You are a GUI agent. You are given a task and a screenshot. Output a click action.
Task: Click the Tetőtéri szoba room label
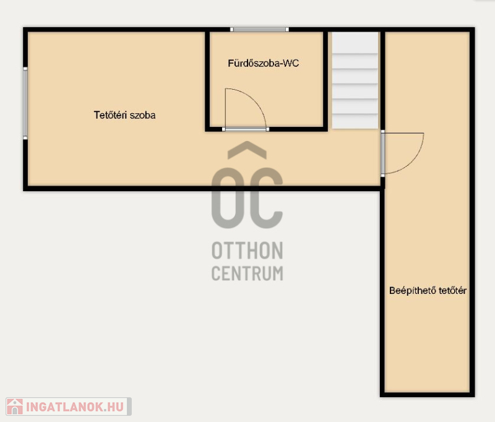coord(125,115)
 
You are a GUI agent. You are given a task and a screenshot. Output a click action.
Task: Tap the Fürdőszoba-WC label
coord(264,63)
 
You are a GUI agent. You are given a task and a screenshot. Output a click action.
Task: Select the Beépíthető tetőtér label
coord(428,290)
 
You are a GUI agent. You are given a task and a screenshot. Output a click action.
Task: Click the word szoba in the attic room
coord(143,115)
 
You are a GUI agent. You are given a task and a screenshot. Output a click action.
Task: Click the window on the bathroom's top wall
coord(259,30)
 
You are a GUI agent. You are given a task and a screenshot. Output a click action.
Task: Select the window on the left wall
coord(25,103)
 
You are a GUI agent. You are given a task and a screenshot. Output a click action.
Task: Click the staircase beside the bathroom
coord(355,80)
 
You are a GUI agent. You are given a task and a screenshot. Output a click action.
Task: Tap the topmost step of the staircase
coord(355,43)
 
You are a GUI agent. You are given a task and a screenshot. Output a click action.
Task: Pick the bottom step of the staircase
coord(355,121)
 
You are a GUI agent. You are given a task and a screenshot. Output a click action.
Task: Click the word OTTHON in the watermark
coord(247,251)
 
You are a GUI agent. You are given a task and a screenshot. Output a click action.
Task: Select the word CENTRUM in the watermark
coord(247,273)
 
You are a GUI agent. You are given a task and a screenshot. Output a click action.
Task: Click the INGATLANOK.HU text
coord(75,407)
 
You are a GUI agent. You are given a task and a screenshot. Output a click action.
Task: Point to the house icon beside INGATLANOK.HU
coord(15,407)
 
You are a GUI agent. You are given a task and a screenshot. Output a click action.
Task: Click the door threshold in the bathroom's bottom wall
coord(246,129)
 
